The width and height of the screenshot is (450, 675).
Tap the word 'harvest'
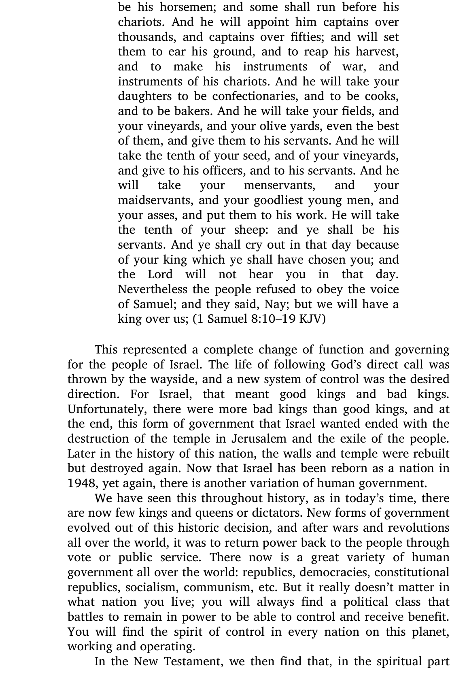(377, 52)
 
